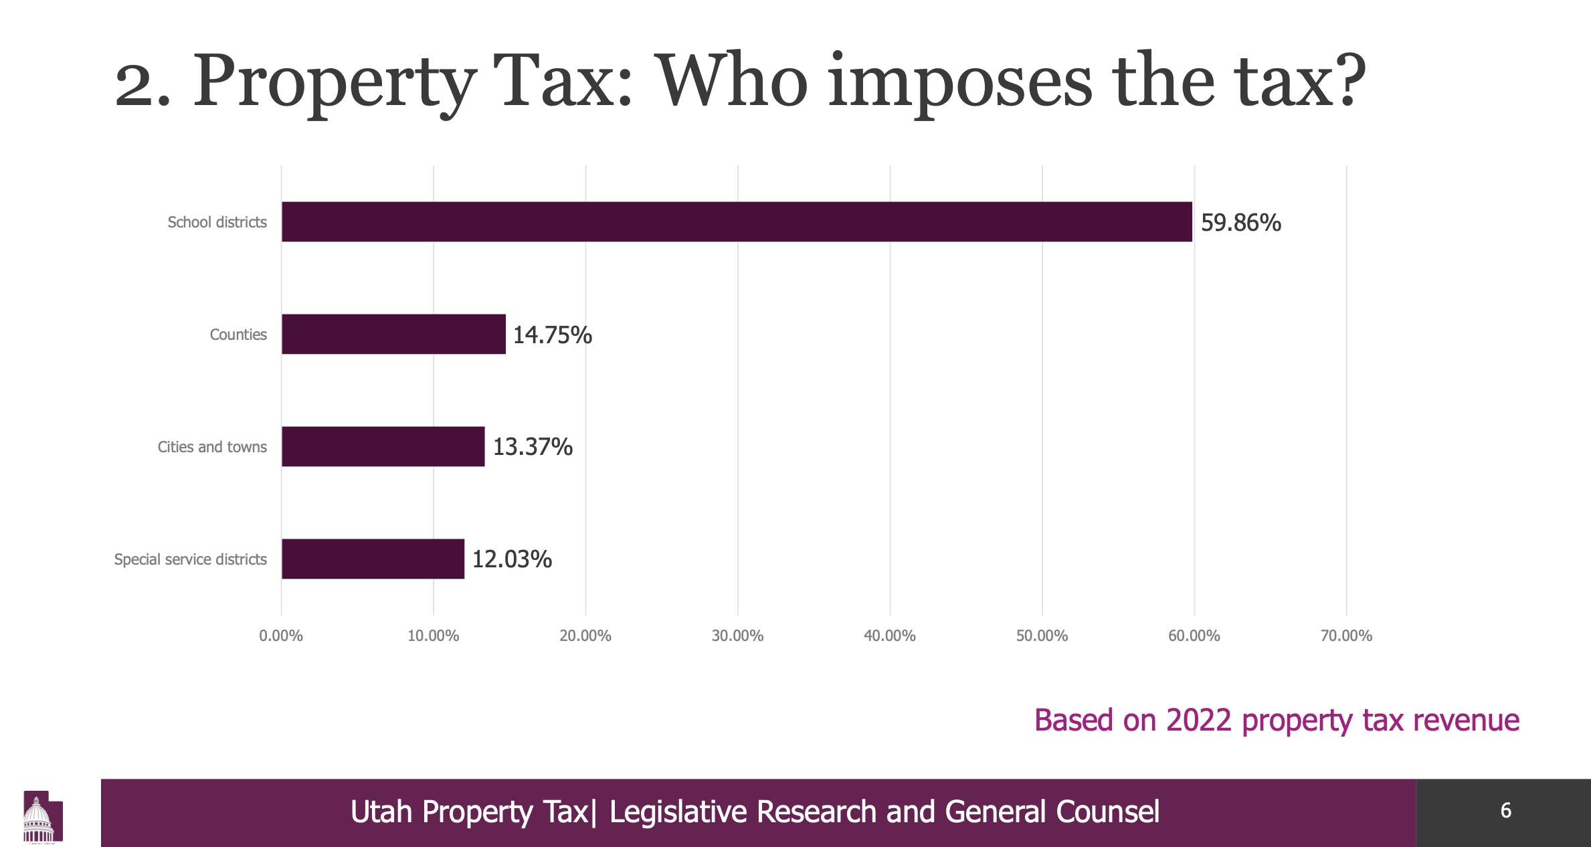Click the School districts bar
click(736, 221)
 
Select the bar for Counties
click(393, 334)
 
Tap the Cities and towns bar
click(383, 446)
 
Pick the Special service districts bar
click(373, 559)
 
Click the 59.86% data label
click(1240, 222)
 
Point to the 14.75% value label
click(552, 335)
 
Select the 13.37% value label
click(533, 447)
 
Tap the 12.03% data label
click(512, 559)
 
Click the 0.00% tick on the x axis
click(281, 636)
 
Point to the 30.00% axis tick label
click(737, 636)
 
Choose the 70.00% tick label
click(1346, 636)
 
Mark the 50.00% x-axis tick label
click(1042, 636)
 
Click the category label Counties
click(238, 335)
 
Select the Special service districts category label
click(190, 559)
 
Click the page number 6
click(1505, 811)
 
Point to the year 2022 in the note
click(1198, 721)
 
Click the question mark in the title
click(1346, 80)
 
